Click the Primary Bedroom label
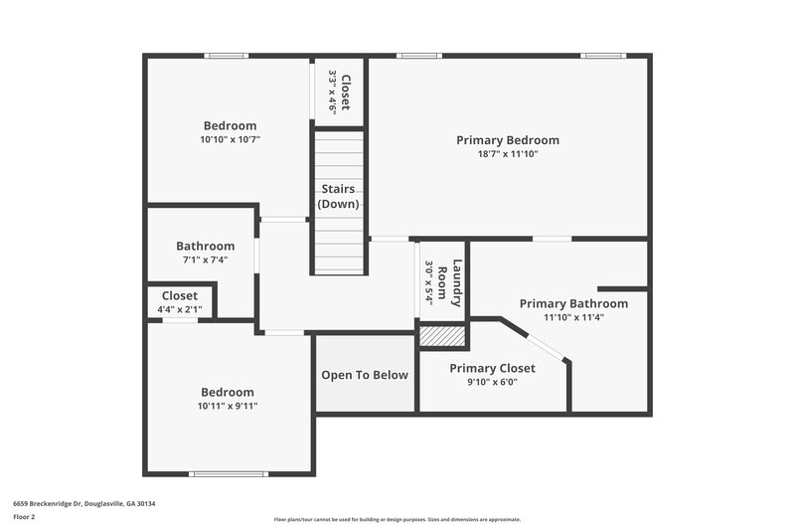[507, 140]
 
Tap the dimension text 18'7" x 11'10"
[507, 154]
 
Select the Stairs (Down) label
[339, 196]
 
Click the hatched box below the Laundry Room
[442, 336]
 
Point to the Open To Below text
[364, 375]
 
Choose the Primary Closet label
[492, 368]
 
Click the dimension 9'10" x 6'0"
[492, 382]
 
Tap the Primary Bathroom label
[573, 303]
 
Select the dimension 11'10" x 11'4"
[573, 317]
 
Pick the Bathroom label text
[205, 246]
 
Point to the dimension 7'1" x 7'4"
[205, 260]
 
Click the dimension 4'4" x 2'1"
[179, 310]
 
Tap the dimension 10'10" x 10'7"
[230, 140]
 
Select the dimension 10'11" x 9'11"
[228, 406]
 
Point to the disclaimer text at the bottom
[397, 519]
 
